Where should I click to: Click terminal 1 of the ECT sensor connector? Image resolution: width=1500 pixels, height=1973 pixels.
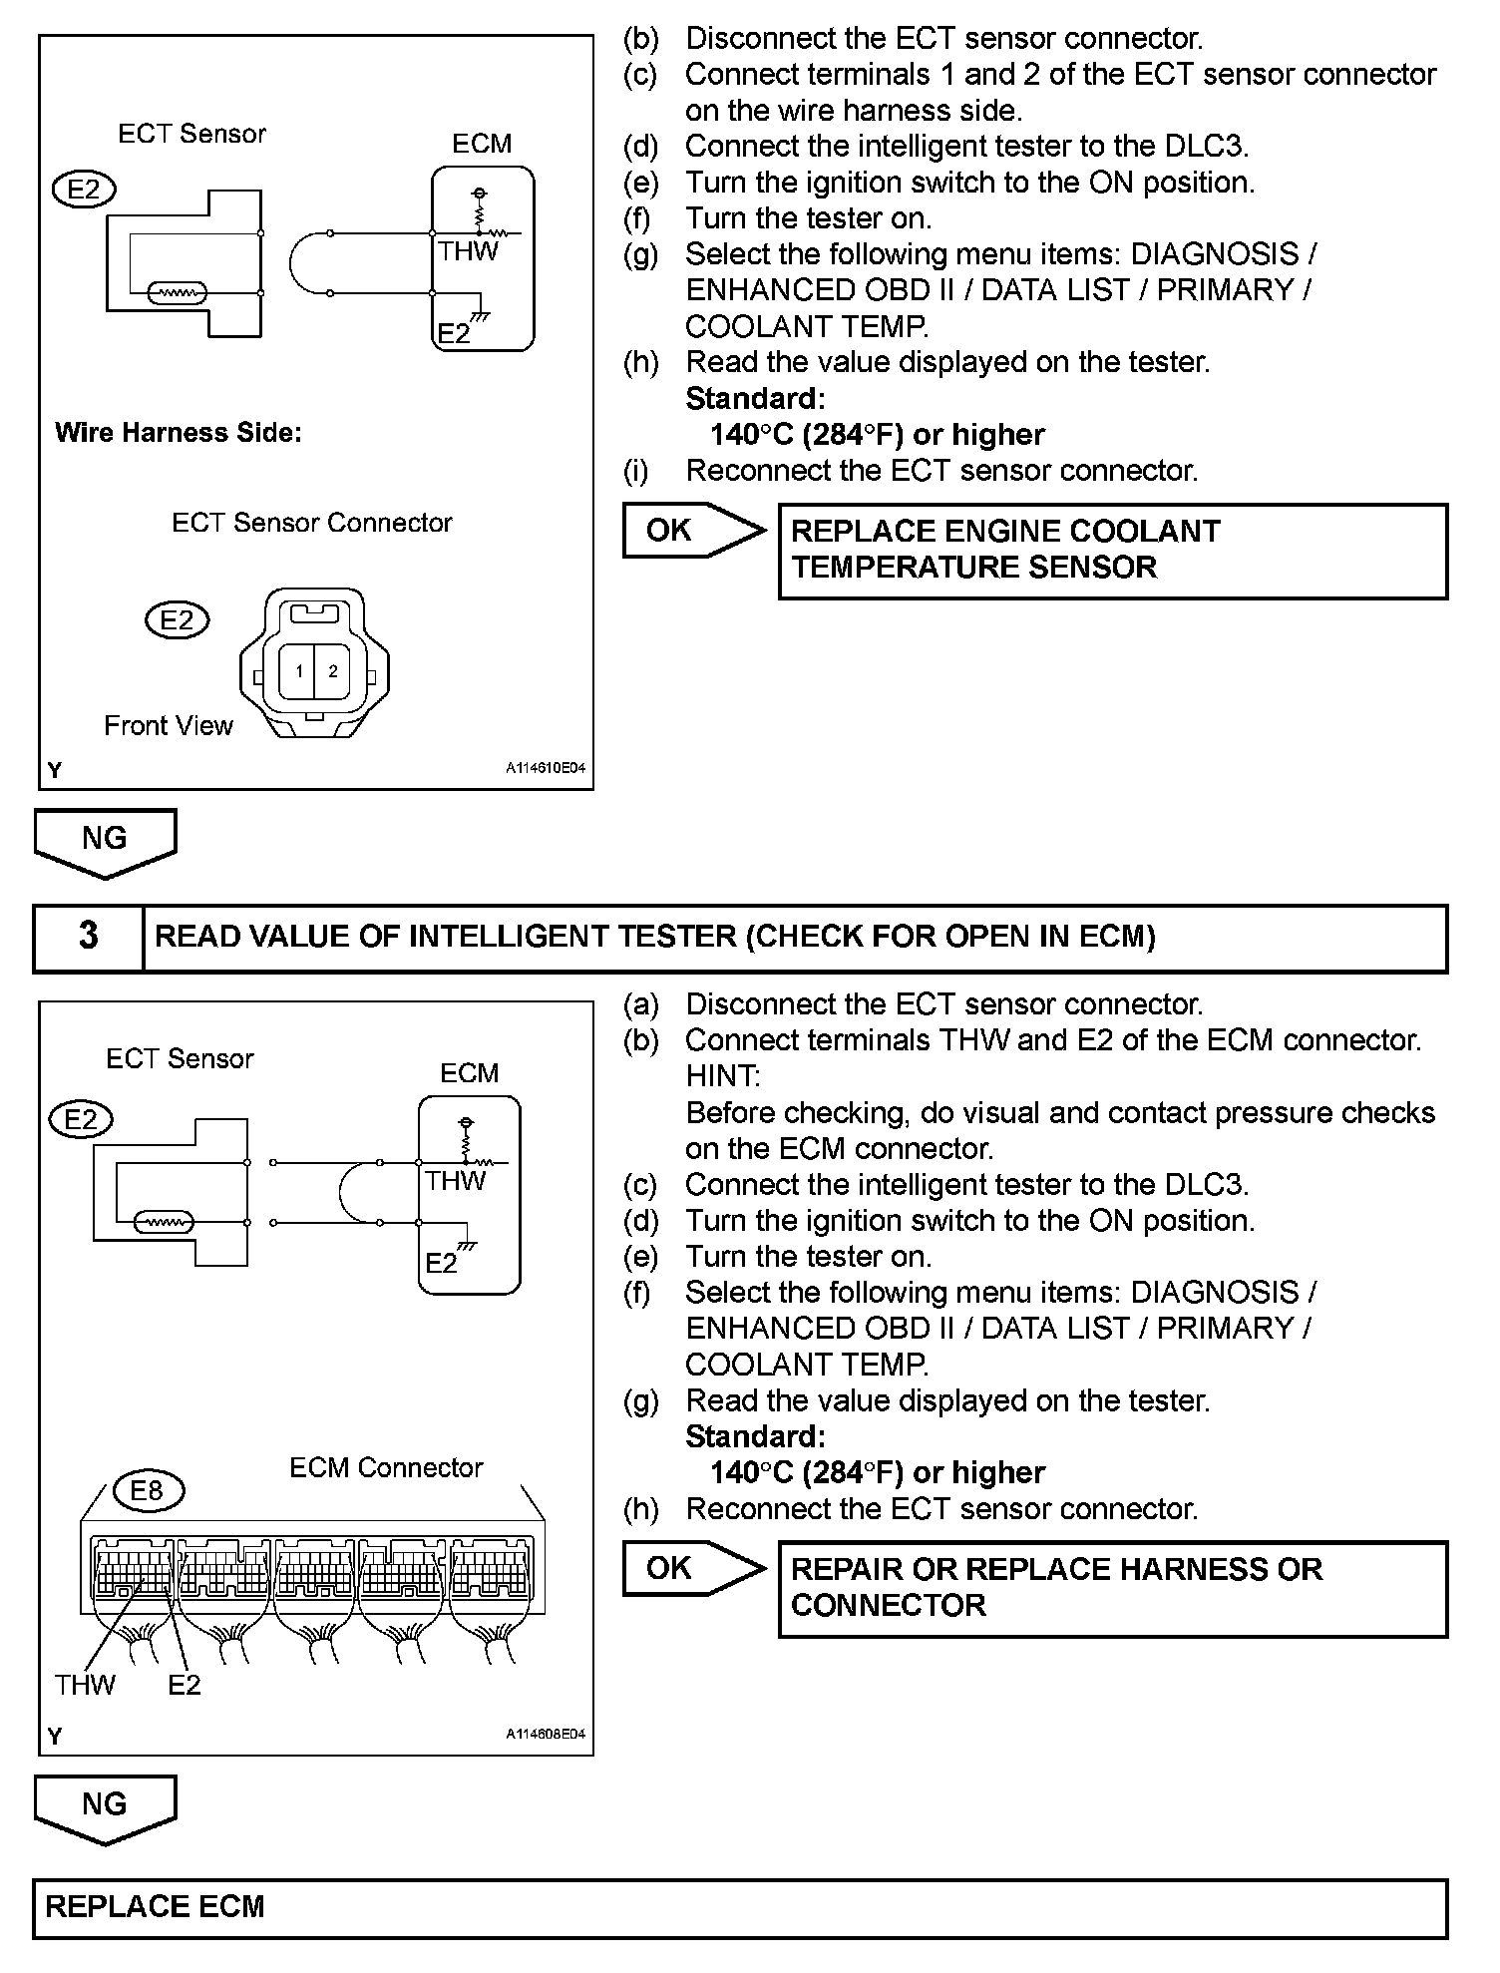pyautogui.click(x=298, y=671)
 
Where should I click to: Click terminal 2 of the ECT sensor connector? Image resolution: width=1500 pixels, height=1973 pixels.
pyautogui.click(x=333, y=671)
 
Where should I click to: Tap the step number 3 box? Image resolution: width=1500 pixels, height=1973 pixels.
pyautogui.click(x=89, y=937)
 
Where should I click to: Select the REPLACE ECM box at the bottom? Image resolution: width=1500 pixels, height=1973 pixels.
pyautogui.click(x=739, y=1908)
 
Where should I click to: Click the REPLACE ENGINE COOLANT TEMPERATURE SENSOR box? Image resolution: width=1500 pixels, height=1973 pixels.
pyautogui.click(x=1112, y=551)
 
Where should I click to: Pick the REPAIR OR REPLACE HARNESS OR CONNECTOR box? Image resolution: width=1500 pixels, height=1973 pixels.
pyautogui.click(x=1112, y=1589)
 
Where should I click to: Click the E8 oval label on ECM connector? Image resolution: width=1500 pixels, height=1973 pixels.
pyautogui.click(x=147, y=1491)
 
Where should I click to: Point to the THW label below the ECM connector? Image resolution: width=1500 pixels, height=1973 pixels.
pyautogui.click(x=85, y=1685)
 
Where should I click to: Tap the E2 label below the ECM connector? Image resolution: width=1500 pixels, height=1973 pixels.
pyautogui.click(x=185, y=1685)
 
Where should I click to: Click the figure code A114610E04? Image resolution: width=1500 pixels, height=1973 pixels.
pyautogui.click(x=545, y=769)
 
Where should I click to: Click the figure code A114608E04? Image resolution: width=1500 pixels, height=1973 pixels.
pyautogui.click(x=545, y=1735)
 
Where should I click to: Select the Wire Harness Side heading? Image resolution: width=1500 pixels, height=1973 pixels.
pyautogui.click(x=179, y=433)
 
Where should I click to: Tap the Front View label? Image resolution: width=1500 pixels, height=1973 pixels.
pyautogui.click(x=168, y=726)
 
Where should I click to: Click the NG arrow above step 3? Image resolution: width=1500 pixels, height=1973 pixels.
pyautogui.click(x=105, y=841)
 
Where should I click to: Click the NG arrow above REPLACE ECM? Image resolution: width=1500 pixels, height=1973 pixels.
pyautogui.click(x=105, y=1806)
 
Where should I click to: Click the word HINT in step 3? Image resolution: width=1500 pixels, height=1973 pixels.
pyautogui.click(x=722, y=1076)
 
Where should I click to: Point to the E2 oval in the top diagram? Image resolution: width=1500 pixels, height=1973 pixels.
pyautogui.click(x=84, y=190)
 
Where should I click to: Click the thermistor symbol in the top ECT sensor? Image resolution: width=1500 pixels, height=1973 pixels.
pyautogui.click(x=178, y=293)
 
